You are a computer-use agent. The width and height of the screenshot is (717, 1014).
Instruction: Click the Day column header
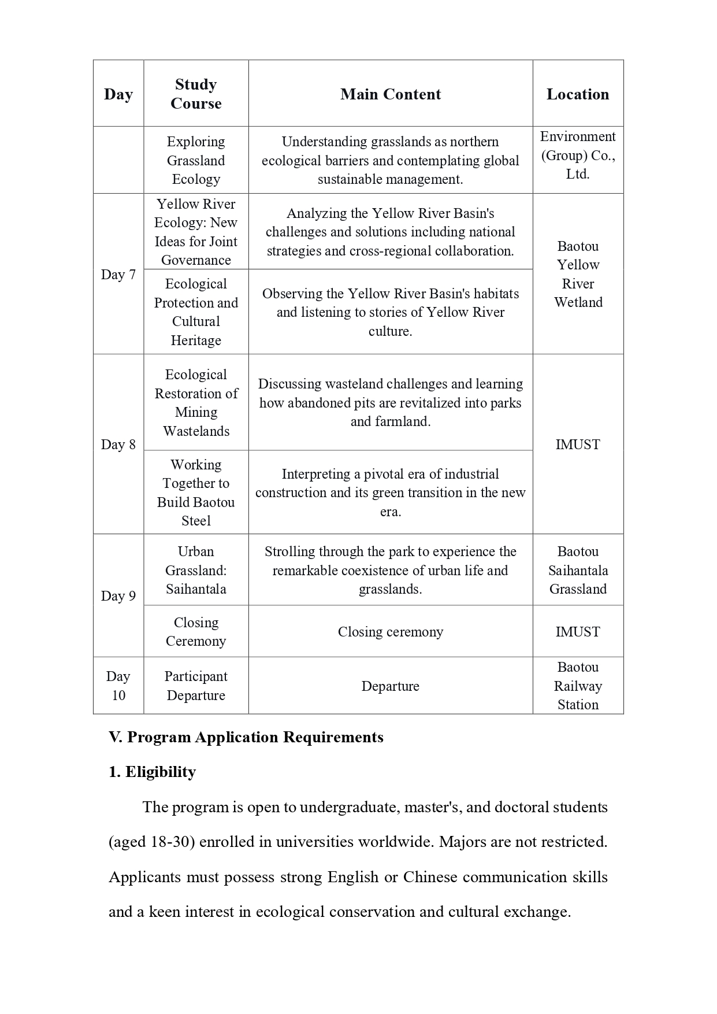[x=118, y=94]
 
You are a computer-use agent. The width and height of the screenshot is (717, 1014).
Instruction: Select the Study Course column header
[x=196, y=94]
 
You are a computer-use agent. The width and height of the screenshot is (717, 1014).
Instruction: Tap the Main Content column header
[x=391, y=94]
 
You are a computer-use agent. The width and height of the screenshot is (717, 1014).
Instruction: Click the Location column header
[x=578, y=94]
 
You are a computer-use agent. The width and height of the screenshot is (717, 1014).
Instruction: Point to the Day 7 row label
[x=118, y=275]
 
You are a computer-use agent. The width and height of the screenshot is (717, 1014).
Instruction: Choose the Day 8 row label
[x=118, y=445]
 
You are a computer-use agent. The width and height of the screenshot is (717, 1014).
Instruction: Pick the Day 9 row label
[x=118, y=596]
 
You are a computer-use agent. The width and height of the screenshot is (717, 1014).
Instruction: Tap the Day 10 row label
[x=118, y=686]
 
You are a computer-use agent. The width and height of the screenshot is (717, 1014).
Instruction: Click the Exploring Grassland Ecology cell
[x=196, y=160]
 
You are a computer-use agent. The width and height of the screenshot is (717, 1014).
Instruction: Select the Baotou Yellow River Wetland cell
[x=578, y=274]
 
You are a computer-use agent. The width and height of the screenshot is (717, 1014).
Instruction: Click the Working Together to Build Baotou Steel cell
[x=196, y=493]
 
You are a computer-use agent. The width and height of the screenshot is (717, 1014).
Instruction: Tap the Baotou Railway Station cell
[x=578, y=686]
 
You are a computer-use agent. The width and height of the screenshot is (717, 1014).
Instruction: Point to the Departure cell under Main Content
[x=391, y=686]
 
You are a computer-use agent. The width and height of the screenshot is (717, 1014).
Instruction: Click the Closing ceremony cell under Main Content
[x=391, y=632]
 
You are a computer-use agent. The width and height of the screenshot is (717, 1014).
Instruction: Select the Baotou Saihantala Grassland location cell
[x=578, y=570]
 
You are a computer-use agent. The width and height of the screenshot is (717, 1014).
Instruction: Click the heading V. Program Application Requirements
[x=246, y=737]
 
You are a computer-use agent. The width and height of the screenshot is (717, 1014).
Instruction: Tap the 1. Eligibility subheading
[x=153, y=772]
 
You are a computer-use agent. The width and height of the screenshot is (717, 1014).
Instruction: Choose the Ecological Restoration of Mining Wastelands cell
[x=196, y=402]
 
